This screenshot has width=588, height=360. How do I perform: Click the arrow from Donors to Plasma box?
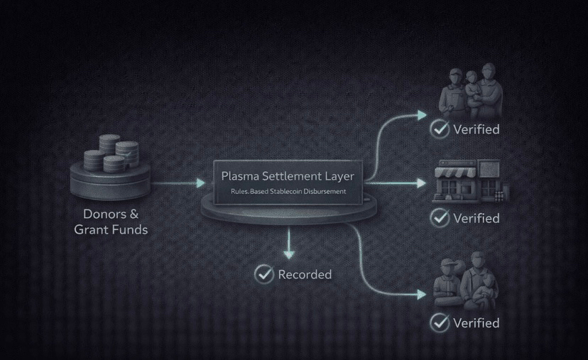(178, 183)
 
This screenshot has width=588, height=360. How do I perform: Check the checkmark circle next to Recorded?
(264, 274)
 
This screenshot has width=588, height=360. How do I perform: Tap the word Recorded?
(305, 274)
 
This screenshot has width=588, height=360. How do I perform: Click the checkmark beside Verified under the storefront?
(440, 217)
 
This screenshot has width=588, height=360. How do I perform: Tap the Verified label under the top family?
(477, 129)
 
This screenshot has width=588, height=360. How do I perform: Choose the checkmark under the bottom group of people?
(440, 322)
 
